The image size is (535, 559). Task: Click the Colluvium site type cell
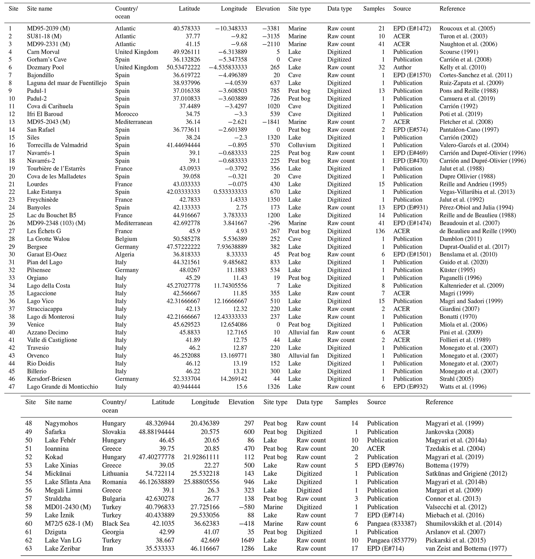[x=302, y=145]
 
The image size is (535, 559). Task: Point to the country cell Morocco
[x=126, y=114]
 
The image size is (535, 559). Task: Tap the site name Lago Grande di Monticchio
[x=62, y=387]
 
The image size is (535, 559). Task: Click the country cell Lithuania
[x=115, y=473]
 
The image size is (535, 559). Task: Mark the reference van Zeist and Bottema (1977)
[x=466, y=548]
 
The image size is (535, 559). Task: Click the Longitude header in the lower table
[x=205, y=402]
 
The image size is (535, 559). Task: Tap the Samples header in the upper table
[x=373, y=9]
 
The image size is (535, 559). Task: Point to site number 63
[x=28, y=548]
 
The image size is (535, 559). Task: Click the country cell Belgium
[x=126, y=239]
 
